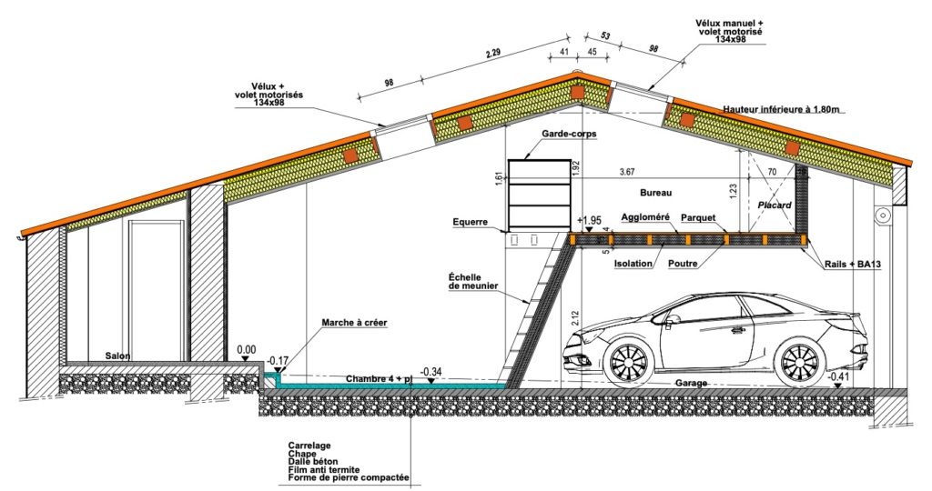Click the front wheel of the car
point(625,361)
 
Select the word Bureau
point(655,194)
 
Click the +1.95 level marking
point(590,221)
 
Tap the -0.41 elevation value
point(839,376)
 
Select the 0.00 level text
point(246,349)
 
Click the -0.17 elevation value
point(278,361)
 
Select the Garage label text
point(691,384)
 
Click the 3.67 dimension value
point(627,171)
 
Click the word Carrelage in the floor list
point(309,446)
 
